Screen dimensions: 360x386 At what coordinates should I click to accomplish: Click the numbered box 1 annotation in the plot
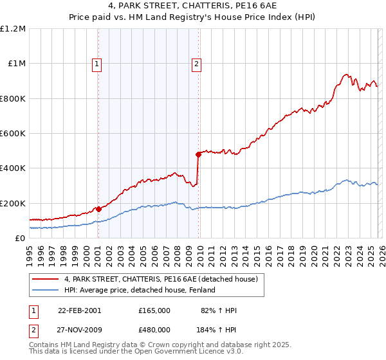[x=97, y=64]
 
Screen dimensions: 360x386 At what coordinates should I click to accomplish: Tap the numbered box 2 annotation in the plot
[x=196, y=64]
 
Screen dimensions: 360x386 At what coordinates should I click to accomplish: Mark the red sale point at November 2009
[x=198, y=154]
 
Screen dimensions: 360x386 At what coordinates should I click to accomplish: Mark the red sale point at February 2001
[x=98, y=209]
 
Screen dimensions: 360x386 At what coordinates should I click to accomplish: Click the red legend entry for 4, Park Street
[x=161, y=279]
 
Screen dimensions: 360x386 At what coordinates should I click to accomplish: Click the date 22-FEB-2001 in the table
[x=79, y=310]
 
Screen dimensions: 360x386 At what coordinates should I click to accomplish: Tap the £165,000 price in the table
[x=154, y=310]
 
